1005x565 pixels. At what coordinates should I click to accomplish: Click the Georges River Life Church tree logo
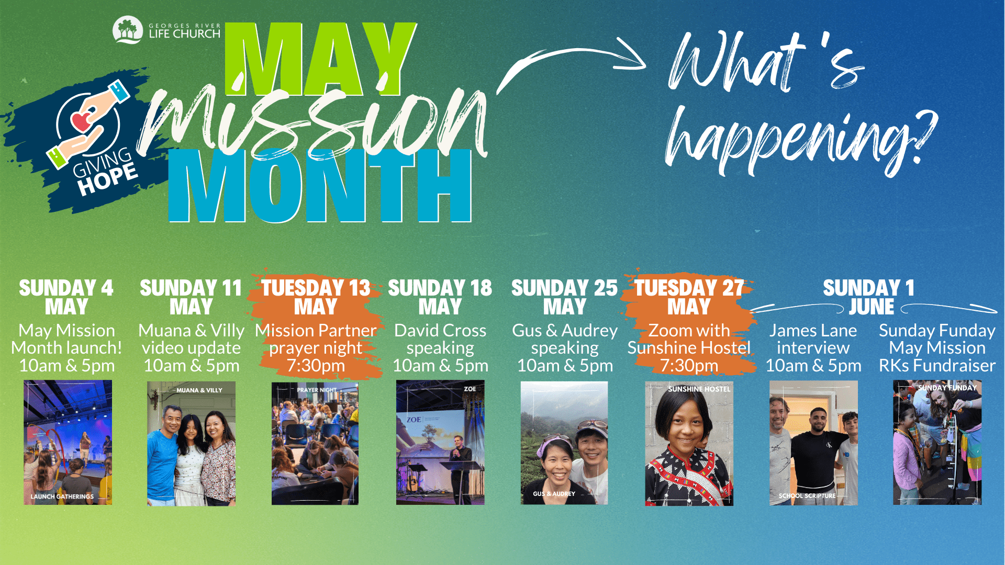click(x=128, y=30)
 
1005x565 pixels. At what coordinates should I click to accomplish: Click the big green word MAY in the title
click(x=320, y=59)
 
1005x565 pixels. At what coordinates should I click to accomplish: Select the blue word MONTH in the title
click(x=320, y=186)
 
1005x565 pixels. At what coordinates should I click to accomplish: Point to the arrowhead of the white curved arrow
click(x=633, y=54)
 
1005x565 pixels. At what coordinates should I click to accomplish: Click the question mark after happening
click(x=922, y=137)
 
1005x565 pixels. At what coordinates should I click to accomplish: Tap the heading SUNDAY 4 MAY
click(x=66, y=297)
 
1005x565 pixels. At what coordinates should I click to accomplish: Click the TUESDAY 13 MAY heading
click(x=316, y=297)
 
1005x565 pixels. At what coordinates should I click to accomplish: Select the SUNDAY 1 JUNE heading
click(x=869, y=297)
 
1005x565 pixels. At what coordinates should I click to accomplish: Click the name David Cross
click(x=440, y=331)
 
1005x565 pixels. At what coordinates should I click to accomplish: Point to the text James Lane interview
click(x=813, y=339)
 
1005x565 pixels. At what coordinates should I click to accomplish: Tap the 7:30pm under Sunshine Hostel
click(x=689, y=366)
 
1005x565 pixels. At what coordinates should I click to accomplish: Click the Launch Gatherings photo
click(x=68, y=443)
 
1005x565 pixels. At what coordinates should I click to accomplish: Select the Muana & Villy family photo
click(x=191, y=444)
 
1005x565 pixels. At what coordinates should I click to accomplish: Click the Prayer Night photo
click(x=315, y=444)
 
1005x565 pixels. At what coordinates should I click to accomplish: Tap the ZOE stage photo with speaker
click(x=440, y=443)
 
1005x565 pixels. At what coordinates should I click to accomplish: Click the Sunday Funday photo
click(x=937, y=443)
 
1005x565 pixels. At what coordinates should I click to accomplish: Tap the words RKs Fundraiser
click(x=937, y=366)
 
